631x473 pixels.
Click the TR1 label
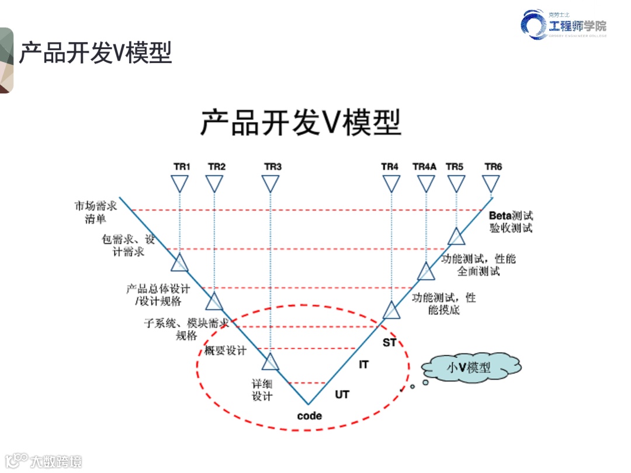point(182,167)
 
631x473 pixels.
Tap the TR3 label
point(273,167)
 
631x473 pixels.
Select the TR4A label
point(424,167)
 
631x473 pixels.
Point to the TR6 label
point(493,167)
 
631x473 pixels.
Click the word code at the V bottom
point(309,416)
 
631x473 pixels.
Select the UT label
point(342,395)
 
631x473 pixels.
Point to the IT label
point(363,364)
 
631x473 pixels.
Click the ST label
point(389,342)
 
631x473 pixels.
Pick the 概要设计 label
point(226,350)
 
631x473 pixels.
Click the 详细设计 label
point(262,390)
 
